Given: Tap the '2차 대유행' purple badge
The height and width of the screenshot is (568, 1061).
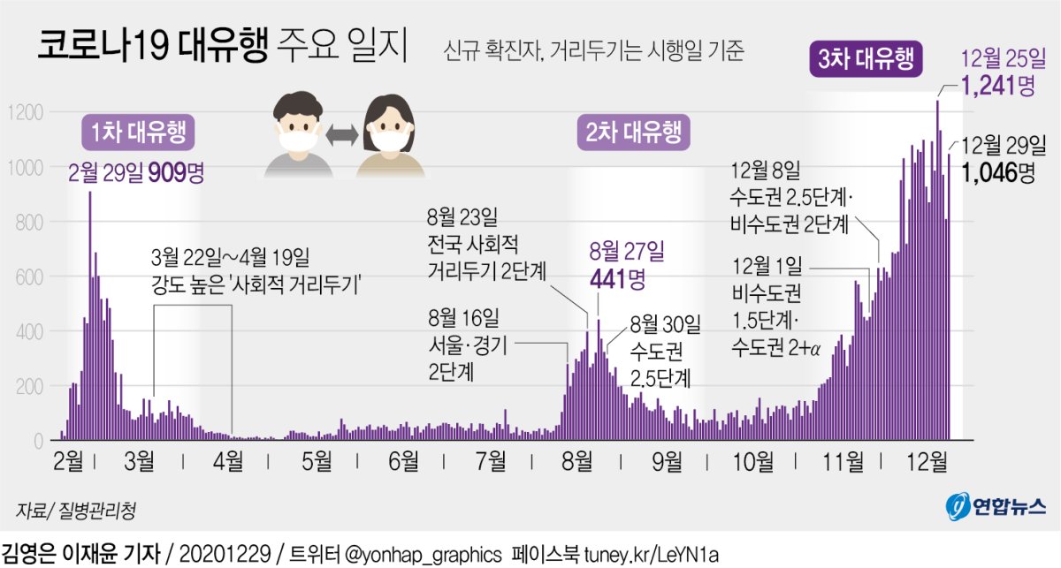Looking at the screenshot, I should [x=633, y=133].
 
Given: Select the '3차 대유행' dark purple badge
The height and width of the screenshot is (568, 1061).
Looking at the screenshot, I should [x=867, y=60].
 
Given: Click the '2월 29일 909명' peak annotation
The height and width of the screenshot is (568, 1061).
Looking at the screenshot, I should [x=136, y=172].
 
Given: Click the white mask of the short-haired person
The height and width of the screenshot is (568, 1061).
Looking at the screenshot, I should [x=297, y=139].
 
